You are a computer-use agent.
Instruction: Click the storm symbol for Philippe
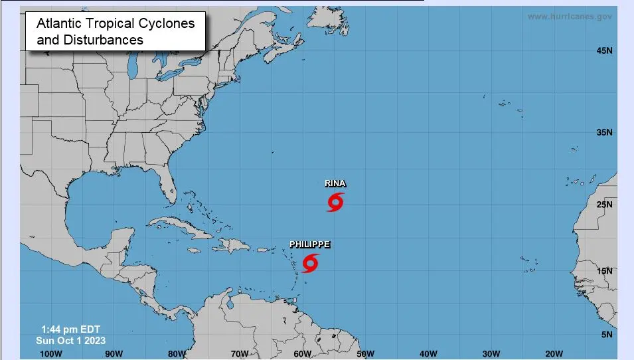309,263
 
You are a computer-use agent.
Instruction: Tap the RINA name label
335,183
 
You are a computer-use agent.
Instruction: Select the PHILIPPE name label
309,244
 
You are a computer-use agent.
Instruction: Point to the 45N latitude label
604,50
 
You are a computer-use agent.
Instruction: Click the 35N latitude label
604,133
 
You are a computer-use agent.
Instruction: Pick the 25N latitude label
604,205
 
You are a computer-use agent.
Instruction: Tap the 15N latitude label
604,271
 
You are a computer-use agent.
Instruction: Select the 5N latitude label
606,335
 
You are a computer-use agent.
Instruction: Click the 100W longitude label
51,353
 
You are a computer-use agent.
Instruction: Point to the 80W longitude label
177,353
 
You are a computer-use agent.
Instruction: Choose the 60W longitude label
302,353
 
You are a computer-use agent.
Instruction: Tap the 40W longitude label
428,353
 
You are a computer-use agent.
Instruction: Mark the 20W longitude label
553,353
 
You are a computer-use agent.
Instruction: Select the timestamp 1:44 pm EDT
70,329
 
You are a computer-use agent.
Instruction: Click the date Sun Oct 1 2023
71,340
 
